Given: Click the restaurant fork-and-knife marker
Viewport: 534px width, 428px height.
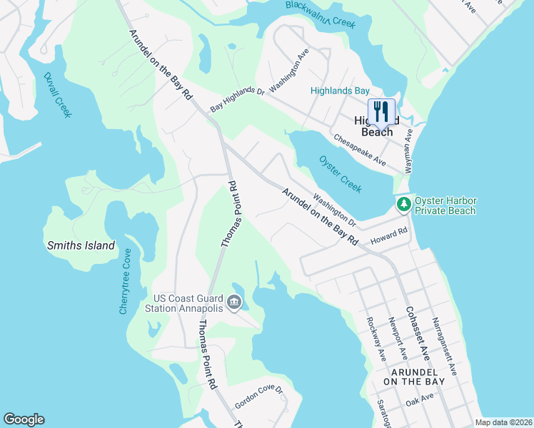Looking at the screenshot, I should point(381,112).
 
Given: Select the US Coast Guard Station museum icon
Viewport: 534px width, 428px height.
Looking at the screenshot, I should point(233,303).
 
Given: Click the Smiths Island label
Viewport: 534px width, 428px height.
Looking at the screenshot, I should point(81,245).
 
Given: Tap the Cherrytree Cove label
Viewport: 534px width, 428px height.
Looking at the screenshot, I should point(125,282).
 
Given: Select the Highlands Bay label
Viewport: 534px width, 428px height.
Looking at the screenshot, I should point(340,91).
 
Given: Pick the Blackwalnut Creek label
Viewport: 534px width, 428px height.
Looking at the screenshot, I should point(320,13).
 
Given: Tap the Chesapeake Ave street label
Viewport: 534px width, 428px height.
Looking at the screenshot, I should point(360,150).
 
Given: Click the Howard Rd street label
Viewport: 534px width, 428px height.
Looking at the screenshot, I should point(389,236).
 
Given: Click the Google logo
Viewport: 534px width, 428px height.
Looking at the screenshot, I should point(24,419).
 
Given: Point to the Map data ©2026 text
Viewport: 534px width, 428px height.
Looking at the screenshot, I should point(503,422).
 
